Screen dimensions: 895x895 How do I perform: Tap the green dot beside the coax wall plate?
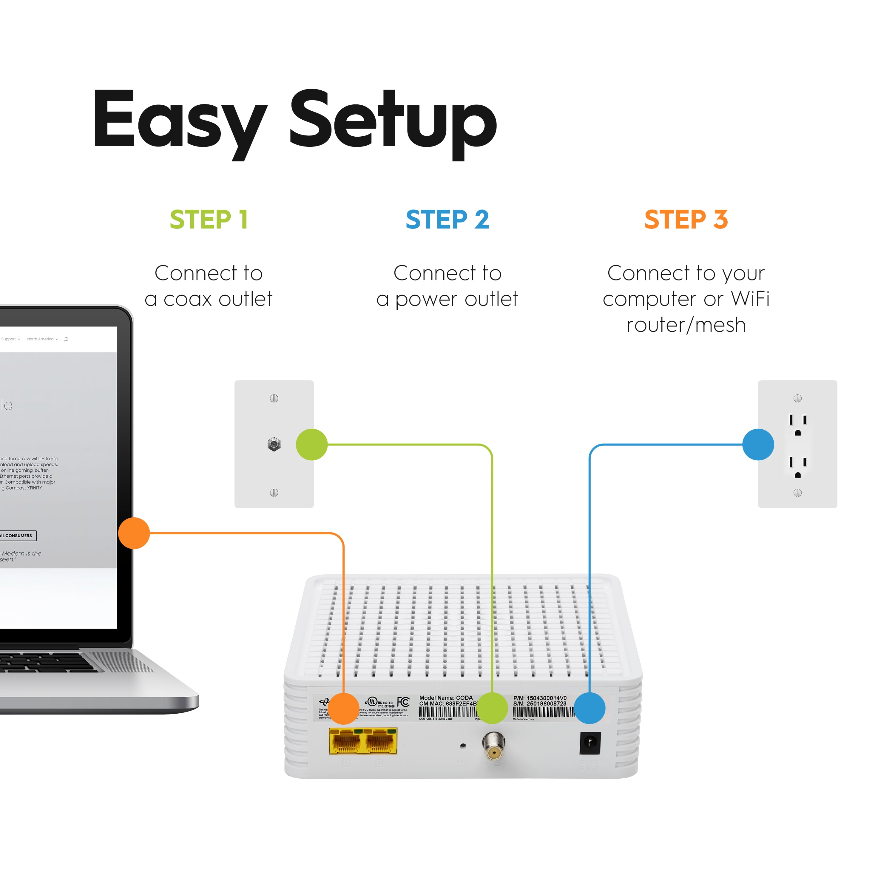pyautogui.click(x=312, y=444)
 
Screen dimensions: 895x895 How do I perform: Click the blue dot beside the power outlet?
pyautogui.click(x=758, y=444)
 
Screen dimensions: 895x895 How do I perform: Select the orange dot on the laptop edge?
pyautogui.click(x=134, y=533)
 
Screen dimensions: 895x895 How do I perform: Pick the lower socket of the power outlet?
pyautogui.click(x=798, y=467)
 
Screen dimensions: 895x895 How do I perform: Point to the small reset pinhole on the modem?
pyautogui.click(x=463, y=745)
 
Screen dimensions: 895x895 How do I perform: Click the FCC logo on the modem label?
pyautogui.click(x=403, y=702)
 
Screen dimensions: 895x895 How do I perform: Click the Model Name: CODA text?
pyautogui.click(x=446, y=698)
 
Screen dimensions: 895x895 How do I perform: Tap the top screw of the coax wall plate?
pyautogui.click(x=274, y=398)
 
